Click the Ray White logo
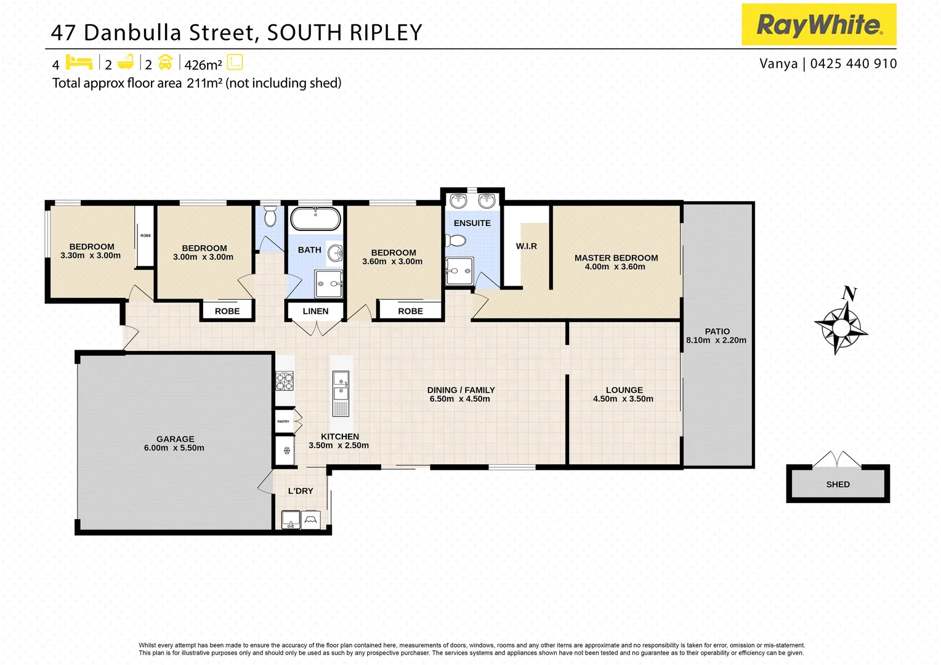(818, 25)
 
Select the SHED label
(838, 485)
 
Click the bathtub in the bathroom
(315, 218)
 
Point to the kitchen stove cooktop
(284, 381)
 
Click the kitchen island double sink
(341, 385)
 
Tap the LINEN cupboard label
(315, 312)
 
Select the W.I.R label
(527, 246)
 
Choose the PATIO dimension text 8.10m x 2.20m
(716, 341)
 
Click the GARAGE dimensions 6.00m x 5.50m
(174, 448)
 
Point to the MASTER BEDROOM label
(616, 258)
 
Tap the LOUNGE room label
(624, 390)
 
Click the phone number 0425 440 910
(854, 63)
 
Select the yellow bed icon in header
(79, 62)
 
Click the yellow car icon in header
(165, 62)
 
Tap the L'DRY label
(301, 491)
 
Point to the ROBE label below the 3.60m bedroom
(410, 312)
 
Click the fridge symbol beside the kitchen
(286, 450)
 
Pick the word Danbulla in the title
(134, 33)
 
